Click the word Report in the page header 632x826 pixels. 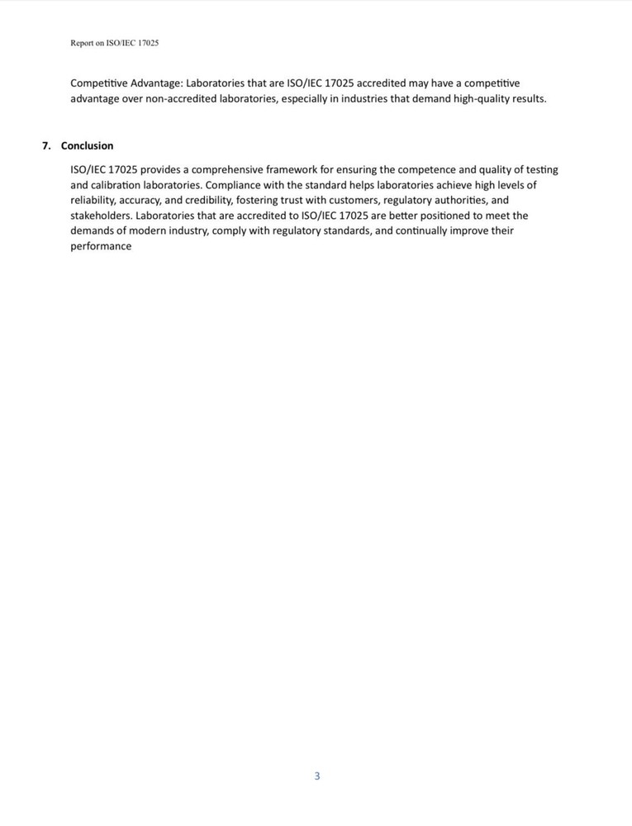point(82,43)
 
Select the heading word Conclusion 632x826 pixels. point(87,146)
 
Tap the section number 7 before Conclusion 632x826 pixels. point(45,146)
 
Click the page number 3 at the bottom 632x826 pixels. point(316,776)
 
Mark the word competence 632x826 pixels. point(407,169)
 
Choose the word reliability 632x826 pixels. point(92,200)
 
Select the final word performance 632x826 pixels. point(101,247)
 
